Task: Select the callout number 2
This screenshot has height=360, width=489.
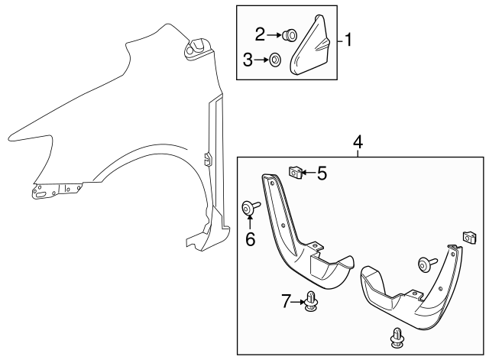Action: point(261,34)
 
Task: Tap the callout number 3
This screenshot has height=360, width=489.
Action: point(248,59)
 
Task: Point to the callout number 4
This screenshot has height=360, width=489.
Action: point(358,141)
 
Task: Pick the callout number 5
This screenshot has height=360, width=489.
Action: point(322,174)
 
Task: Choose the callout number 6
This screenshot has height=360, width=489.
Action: point(250,239)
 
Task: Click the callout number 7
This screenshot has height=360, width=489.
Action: point(286,303)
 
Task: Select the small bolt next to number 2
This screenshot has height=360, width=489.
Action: point(289,34)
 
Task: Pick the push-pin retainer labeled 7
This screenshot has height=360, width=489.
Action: point(310,303)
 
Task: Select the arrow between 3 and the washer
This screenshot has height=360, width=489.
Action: point(261,59)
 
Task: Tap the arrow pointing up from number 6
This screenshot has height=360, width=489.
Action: point(250,222)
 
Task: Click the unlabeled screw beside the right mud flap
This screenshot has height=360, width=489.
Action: point(424,264)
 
